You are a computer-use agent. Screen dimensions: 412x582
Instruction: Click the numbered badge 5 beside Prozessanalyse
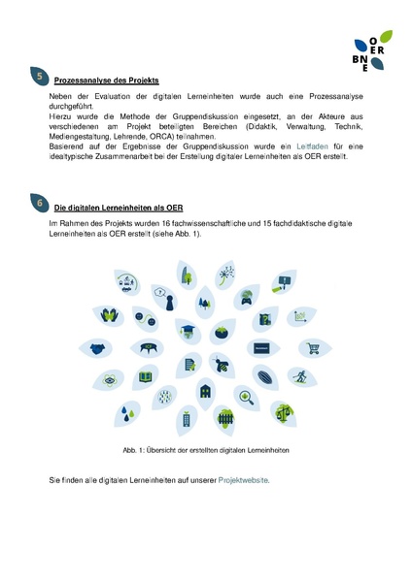(39, 76)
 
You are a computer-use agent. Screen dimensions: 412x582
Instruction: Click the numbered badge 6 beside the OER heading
(39, 204)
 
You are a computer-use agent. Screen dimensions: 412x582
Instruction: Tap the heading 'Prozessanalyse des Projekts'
(106, 80)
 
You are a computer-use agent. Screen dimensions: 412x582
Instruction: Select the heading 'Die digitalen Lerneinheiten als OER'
(119, 209)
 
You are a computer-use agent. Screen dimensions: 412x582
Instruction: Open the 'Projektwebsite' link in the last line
(244, 480)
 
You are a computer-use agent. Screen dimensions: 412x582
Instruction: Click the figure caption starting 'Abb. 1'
(207, 450)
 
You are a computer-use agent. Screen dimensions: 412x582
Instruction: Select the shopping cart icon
(313, 348)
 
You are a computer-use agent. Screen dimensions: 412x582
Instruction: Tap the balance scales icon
(283, 411)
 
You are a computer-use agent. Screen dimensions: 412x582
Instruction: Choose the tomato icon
(223, 332)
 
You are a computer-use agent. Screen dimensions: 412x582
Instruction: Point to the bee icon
(224, 365)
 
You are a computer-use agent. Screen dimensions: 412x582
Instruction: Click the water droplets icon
(126, 412)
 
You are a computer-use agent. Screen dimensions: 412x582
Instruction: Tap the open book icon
(146, 376)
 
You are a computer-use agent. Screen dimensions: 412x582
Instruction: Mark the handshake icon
(97, 348)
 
